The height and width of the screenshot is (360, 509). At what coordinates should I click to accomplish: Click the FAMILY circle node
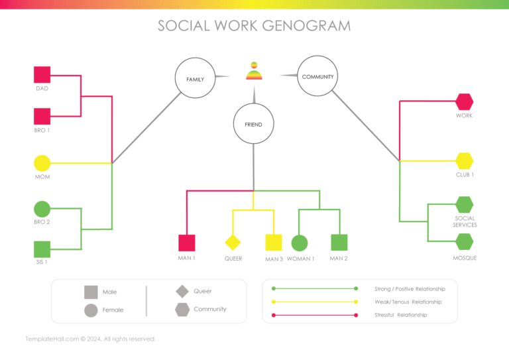pos(195,79)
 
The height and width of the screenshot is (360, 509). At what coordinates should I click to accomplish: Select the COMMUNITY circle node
pos(317,77)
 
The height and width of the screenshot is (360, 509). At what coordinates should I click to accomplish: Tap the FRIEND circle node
pos(253,124)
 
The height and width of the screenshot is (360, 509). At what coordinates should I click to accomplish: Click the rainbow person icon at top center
pos(253,71)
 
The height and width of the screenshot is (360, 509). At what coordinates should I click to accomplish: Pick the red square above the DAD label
pos(42,75)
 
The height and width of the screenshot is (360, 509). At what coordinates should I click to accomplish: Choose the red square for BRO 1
pos(42,117)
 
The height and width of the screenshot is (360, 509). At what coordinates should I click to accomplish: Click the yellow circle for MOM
pos(42,163)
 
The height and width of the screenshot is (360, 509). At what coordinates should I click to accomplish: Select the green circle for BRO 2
pos(42,209)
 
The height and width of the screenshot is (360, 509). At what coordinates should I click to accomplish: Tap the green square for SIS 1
pos(42,249)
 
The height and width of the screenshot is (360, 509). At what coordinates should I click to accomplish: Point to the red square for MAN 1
pos(186,243)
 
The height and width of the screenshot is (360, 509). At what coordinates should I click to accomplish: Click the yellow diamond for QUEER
pos(233,243)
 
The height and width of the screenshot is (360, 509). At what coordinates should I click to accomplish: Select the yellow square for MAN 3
pos(274,243)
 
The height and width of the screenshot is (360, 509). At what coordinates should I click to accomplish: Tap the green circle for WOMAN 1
pos(300,243)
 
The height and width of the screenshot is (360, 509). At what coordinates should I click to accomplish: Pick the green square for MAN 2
pos(339,243)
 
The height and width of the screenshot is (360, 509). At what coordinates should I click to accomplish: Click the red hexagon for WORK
pos(464,101)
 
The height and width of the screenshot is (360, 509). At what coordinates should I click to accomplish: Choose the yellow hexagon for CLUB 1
pos(464,160)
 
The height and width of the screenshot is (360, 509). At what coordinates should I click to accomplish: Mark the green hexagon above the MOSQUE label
pos(464,243)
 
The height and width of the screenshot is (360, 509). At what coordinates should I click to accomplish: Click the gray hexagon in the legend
pos(182,309)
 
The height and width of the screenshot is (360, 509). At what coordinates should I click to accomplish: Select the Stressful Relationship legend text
pos(400,315)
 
